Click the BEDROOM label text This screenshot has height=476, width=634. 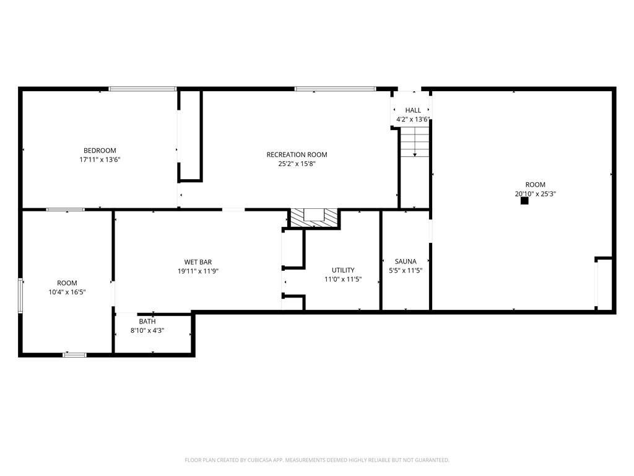point(100,151)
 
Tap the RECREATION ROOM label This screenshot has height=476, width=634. point(297,155)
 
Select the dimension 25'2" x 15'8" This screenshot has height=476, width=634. point(297,164)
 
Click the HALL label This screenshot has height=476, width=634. point(413,110)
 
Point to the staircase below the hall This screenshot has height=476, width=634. point(414,143)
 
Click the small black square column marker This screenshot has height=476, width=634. point(524,200)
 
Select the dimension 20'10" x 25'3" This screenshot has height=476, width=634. point(536,193)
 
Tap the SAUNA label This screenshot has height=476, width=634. point(406,262)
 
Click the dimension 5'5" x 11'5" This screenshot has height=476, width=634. point(406,270)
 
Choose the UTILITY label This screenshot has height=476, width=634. point(343,270)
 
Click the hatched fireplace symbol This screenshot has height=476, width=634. point(315,218)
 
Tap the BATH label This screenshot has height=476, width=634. point(147,322)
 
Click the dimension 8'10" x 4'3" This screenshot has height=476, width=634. point(147,330)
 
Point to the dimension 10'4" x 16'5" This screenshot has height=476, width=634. point(67,292)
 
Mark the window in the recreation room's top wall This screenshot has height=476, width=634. point(335,89)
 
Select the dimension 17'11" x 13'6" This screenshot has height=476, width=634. point(100,159)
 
